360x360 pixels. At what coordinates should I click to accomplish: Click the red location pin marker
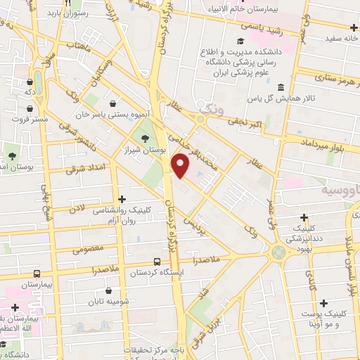[181, 166]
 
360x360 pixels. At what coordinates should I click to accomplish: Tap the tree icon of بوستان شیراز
[146, 139]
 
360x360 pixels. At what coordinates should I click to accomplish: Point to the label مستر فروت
[29, 120]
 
